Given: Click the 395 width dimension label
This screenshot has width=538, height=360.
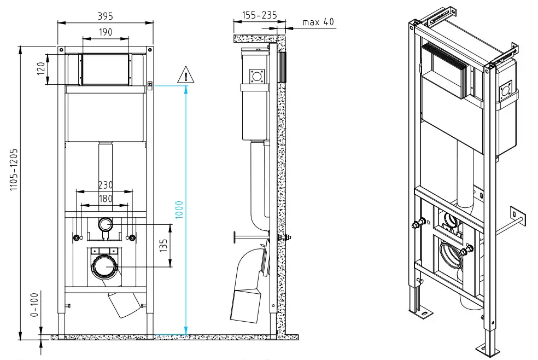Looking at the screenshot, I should click(105, 13).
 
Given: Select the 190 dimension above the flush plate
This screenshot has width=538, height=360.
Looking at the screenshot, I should click(105, 32).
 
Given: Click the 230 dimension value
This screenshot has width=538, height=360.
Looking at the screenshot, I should click(105, 185).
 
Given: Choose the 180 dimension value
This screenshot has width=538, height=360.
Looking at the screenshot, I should click(105, 199).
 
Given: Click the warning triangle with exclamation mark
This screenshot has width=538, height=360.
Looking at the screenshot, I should click(186, 76).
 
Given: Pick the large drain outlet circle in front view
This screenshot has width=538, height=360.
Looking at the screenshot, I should click(104, 266).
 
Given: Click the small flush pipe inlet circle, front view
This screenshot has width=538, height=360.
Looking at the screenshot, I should click(106, 224).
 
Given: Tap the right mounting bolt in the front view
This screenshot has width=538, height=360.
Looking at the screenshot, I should click(131, 237).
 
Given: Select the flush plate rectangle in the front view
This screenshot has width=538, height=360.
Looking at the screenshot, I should click(105, 69).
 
